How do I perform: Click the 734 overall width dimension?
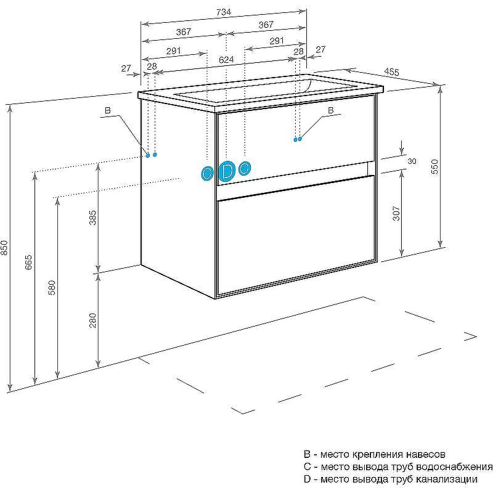click(224, 12)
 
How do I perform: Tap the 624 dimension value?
click(226, 59)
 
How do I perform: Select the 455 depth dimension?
click(391, 72)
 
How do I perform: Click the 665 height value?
click(28, 262)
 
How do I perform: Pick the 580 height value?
click(52, 287)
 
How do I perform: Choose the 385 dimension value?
click(93, 218)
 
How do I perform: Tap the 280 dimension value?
click(93, 320)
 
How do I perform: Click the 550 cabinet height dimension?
click(434, 167)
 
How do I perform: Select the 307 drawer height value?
click(396, 213)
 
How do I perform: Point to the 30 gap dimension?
click(412, 161)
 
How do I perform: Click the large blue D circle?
click(227, 171)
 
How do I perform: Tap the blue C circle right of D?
click(244, 168)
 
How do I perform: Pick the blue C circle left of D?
click(207, 173)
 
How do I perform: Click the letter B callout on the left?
click(107, 110)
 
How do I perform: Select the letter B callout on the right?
click(330, 110)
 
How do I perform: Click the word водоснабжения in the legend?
click(454, 467)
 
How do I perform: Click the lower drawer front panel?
click(296, 237)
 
